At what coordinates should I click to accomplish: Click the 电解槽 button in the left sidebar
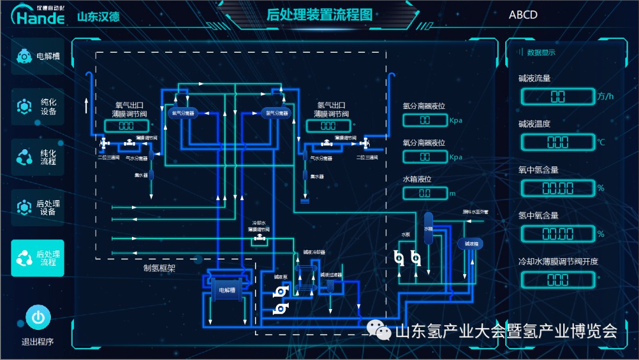click(x=38, y=56)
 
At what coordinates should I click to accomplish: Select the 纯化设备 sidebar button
click(x=38, y=107)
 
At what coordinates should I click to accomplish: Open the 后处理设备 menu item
click(x=38, y=207)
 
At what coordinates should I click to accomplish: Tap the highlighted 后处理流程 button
click(x=38, y=258)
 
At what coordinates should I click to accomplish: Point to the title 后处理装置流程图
click(x=319, y=15)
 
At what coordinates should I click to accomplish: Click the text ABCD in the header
click(x=523, y=15)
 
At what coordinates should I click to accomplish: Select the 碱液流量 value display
click(x=557, y=97)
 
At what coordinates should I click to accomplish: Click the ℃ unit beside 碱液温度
click(x=601, y=142)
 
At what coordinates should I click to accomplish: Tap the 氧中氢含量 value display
click(x=557, y=188)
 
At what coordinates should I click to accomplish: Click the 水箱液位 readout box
click(x=425, y=193)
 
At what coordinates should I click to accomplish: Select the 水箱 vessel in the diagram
click(x=428, y=228)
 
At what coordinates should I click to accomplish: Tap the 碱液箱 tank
click(x=471, y=243)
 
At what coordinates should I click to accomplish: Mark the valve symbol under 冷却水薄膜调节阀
click(x=259, y=238)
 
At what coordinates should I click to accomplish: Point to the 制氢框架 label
click(x=159, y=268)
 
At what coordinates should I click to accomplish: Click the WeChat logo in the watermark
click(x=379, y=330)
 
